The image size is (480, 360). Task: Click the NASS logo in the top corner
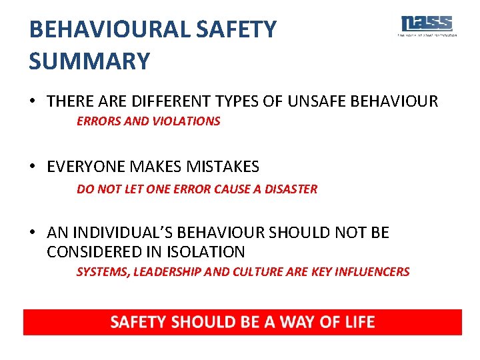(427, 25)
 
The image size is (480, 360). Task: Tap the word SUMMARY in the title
(89, 61)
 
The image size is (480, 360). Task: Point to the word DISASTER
(291, 189)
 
